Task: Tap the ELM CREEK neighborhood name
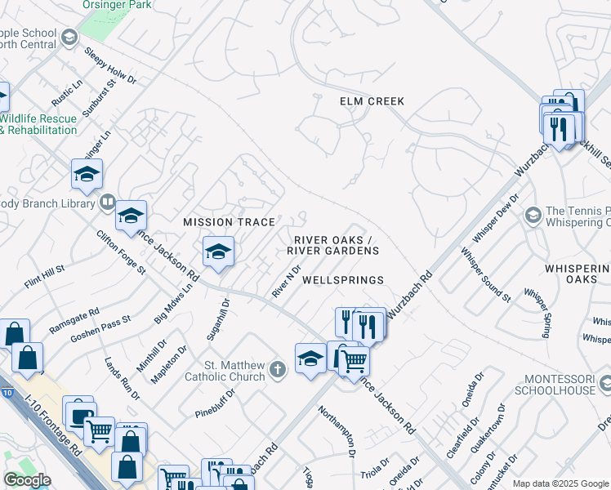(x=372, y=101)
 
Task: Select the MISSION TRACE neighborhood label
(x=228, y=222)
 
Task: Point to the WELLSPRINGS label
(x=342, y=280)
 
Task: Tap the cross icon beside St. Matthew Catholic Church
(x=278, y=370)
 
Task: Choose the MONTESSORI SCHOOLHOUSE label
(x=560, y=385)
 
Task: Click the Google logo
(x=27, y=480)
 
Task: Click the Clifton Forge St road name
(x=121, y=252)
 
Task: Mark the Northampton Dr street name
(x=337, y=431)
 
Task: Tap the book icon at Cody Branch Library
(x=106, y=202)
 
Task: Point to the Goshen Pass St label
(x=100, y=328)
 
